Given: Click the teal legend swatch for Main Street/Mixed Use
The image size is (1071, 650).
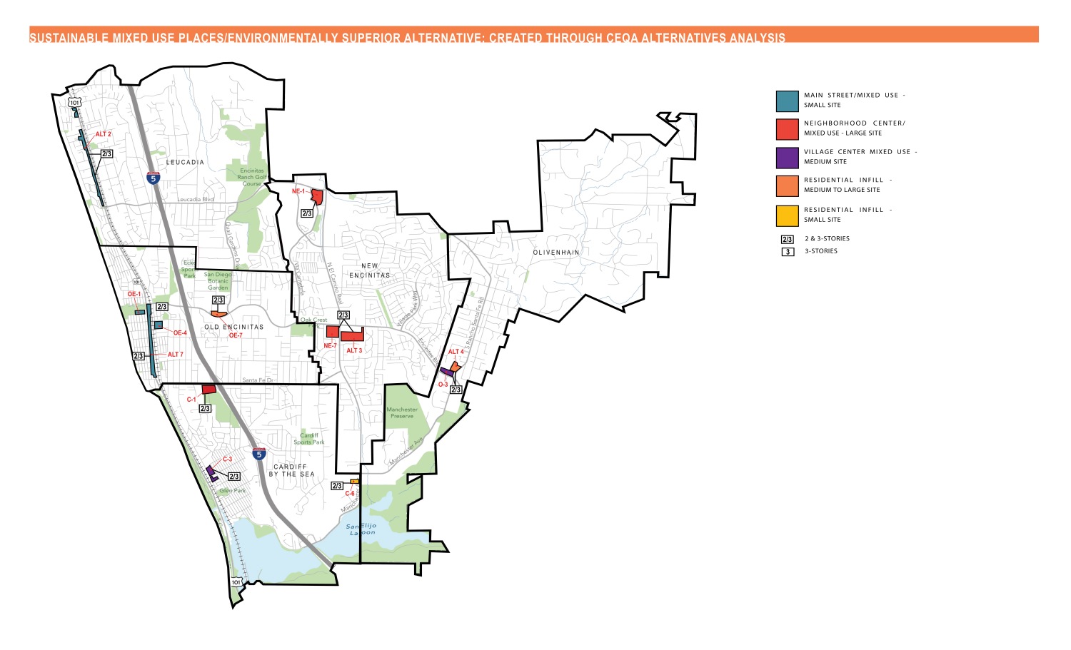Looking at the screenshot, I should coord(787,101).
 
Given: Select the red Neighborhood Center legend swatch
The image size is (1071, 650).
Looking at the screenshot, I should coord(787,129).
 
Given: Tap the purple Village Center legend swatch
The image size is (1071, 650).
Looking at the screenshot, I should coord(787,158).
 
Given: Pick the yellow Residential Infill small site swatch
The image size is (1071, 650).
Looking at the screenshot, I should coord(787,215).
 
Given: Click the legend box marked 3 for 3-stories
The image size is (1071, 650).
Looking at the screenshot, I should coord(788,252).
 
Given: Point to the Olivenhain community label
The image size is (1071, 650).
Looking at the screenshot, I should coord(556,253).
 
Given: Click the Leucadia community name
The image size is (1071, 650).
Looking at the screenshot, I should coord(185,163).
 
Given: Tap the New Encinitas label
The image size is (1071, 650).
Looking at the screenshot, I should coord(370,270).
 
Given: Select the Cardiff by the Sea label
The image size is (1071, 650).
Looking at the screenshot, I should coord(291,470).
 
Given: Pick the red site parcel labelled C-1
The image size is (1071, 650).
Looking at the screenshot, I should coord(209,390).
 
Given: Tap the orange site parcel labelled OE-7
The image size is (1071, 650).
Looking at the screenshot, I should coord(218,314).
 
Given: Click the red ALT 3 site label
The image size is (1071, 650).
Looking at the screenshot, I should coord(354,351).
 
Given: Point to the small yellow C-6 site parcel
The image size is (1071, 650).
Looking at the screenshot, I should coord(354,482).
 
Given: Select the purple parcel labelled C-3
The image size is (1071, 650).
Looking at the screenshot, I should coord(212,473).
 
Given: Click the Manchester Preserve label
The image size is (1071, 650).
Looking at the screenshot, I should coord(402,412).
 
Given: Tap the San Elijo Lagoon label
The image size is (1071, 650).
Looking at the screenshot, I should coord(361,529).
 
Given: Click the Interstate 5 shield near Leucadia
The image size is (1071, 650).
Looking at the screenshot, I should coord(154,178).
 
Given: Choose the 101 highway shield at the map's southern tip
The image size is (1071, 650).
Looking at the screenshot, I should coord(236,582).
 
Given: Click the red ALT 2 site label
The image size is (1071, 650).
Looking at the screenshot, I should coord(104,134).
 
